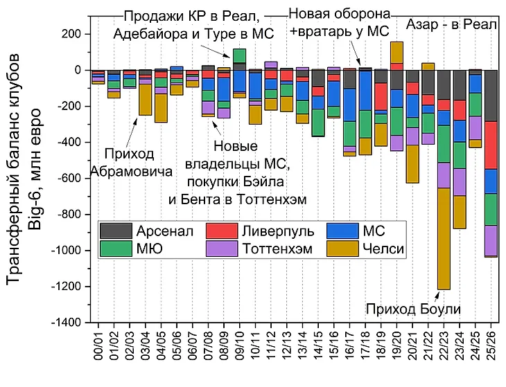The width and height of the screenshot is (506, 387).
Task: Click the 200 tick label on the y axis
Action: [72, 34]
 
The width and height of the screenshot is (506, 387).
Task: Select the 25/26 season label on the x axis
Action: [491, 346]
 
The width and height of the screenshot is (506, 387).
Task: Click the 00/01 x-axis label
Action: [98, 346]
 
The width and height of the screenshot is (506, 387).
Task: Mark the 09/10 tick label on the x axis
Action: [240, 346]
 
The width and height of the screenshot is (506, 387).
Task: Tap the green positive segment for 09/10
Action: [240, 55]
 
